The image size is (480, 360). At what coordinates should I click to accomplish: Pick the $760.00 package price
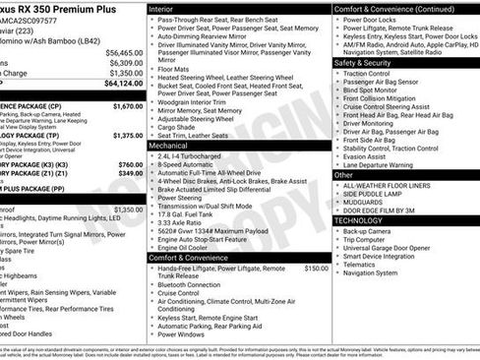(x=130, y=164)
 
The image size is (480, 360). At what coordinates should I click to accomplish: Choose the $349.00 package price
(x=130, y=174)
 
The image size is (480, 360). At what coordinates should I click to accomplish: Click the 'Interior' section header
(x=161, y=8)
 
